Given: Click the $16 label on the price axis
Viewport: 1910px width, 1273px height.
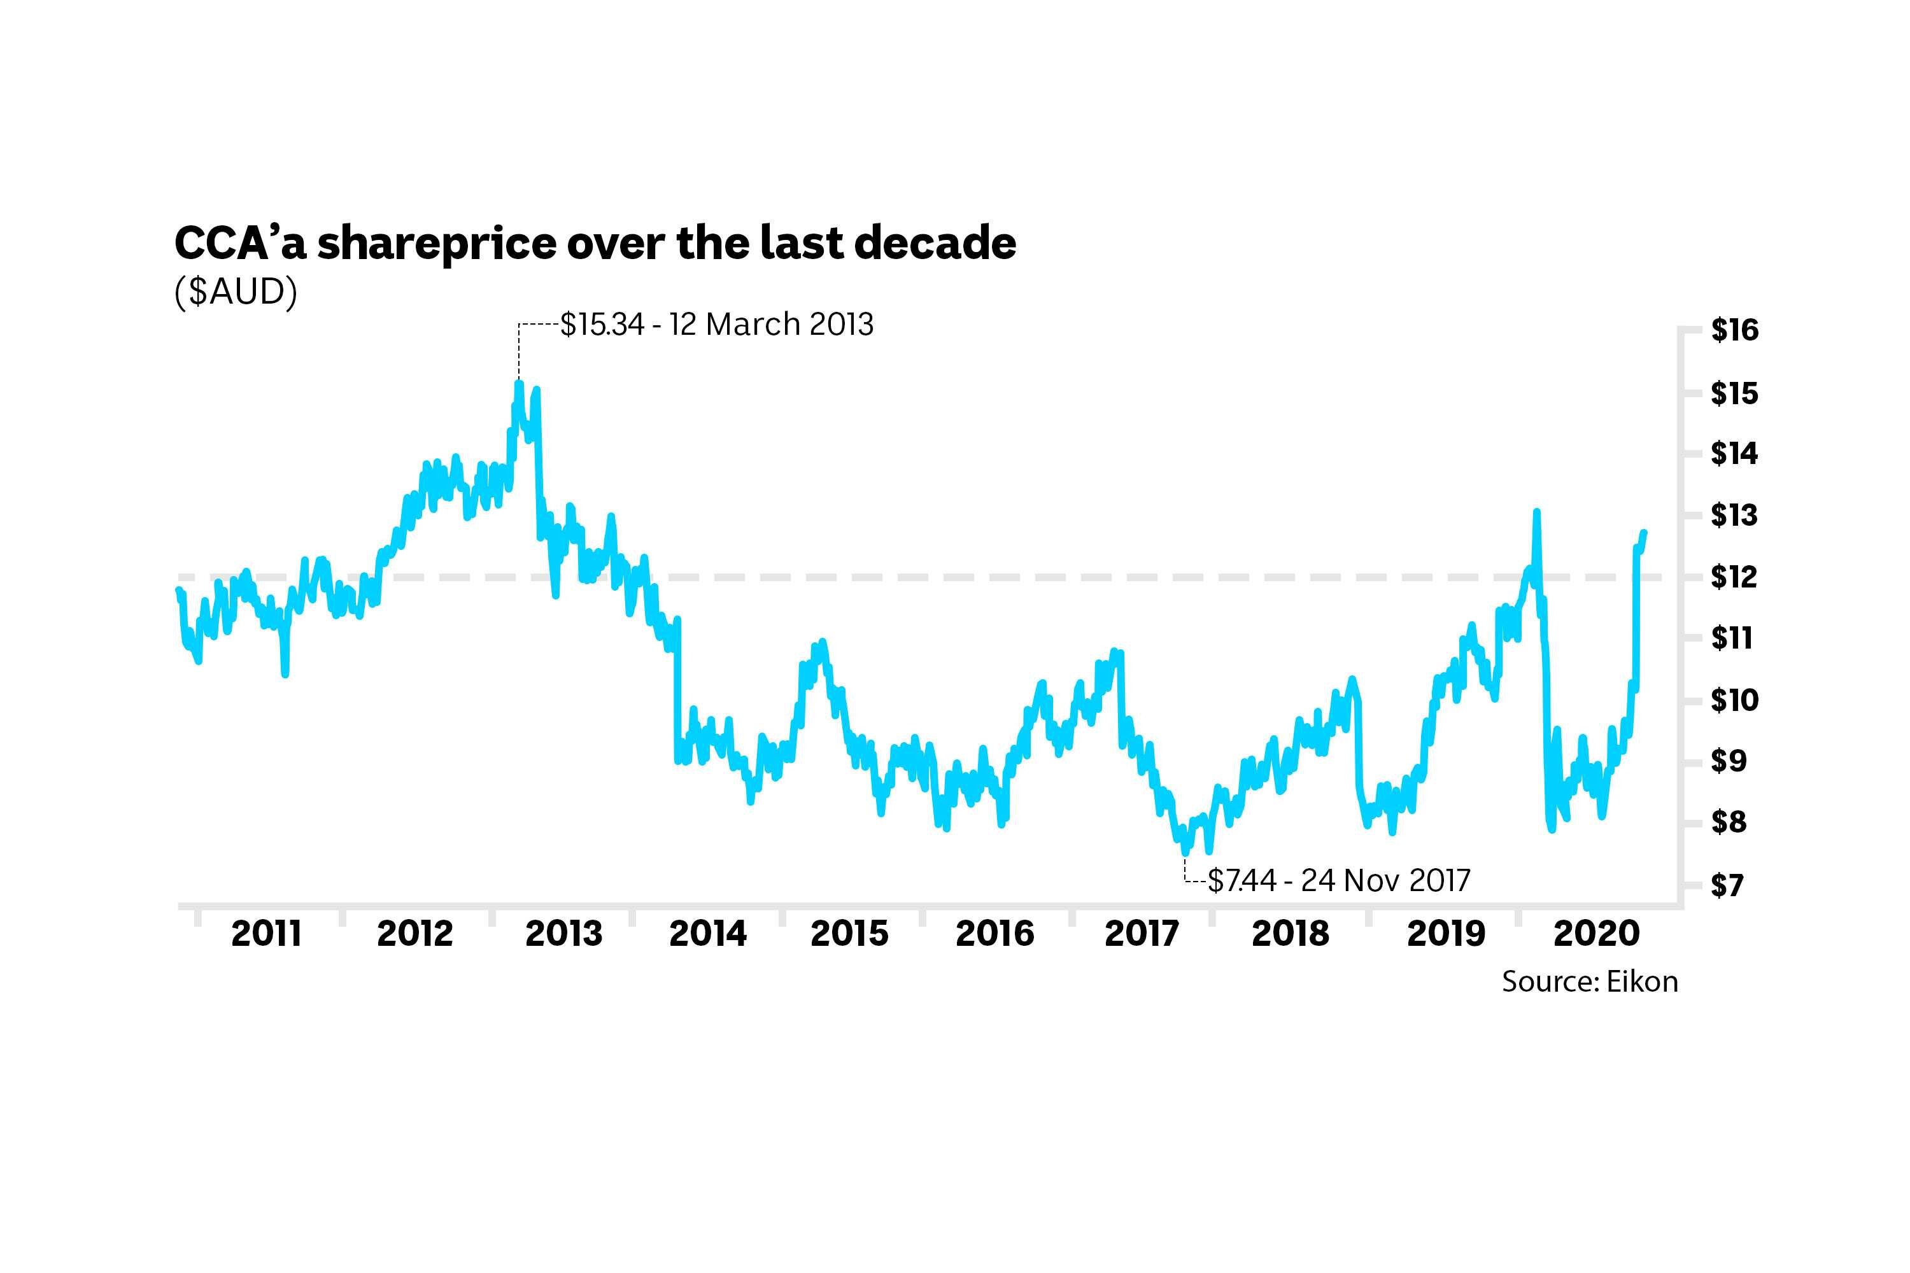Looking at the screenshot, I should coord(1734,330).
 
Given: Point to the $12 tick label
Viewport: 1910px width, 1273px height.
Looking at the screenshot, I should coord(1734,577).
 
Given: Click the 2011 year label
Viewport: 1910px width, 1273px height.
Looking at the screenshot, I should coord(266,934).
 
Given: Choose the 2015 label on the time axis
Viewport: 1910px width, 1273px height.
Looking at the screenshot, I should coord(849,934).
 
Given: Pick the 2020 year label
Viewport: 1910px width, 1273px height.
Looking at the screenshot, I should coord(1597,934).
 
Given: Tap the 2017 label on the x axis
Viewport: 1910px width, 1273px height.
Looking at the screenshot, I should coord(1141,934).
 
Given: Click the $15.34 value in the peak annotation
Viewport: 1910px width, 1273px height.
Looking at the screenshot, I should coord(602,325).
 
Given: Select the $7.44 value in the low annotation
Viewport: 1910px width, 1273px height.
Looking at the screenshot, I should coord(1241,881).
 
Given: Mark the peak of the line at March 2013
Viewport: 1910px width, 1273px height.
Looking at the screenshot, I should coord(519,383).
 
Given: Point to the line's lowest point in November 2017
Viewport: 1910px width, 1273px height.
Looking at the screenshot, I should coord(1185,852).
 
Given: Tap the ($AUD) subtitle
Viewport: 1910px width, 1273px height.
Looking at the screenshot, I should coord(236,292).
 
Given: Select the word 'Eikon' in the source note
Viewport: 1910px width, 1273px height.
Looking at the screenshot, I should coord(1642,981).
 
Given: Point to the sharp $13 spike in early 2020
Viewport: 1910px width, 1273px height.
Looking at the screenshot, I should coord(1536,512).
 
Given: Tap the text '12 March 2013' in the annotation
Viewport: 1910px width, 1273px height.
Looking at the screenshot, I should coord(772,325).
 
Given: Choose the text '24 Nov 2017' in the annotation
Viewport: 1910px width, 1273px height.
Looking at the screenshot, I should coord(1385,881).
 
